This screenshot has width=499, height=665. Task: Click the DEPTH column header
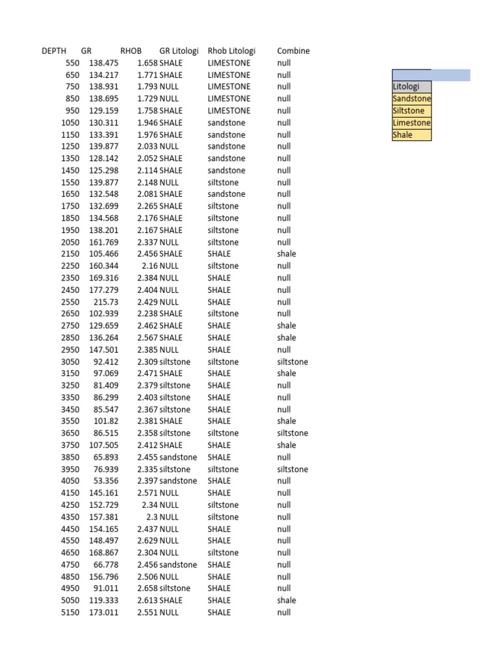[x=54, y=51]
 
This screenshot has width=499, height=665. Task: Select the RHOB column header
[x=131, y=51]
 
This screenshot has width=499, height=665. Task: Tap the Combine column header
[x=293, y=51]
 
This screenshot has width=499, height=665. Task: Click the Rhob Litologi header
[x=231, y=51]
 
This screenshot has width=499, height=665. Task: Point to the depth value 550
[x=72, y=63]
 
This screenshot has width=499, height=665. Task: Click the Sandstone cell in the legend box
[x=411, y=99]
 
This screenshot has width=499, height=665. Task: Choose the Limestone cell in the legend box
[x=411, y=123]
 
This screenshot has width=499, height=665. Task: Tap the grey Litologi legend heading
[x=411, y=86]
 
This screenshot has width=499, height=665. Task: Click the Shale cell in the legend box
[x=411, y=135]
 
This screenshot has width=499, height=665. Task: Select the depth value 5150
[x=70, y=612]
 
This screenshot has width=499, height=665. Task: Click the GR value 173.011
[x=104, y=612]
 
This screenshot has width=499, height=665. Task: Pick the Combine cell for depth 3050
[x=292, y=362]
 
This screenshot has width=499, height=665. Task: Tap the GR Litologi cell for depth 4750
[x=178, y=564]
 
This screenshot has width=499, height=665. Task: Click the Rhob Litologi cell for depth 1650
[x=226, y=194]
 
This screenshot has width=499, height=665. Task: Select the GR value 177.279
[x=104, y=290]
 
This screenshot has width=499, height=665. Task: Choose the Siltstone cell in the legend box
[x=411, y=111]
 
